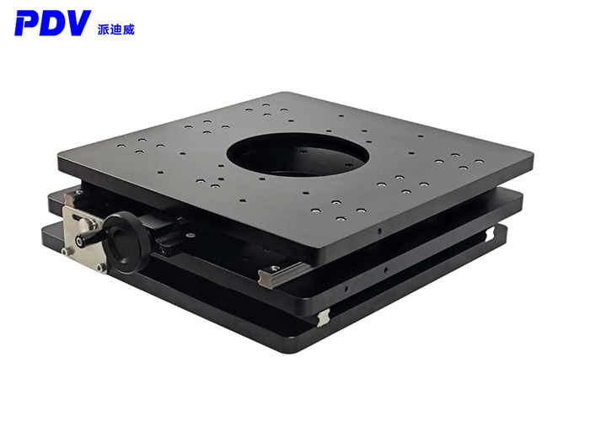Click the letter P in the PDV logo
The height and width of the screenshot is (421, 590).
click(x=28, y=24)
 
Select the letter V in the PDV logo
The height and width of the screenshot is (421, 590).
click(x=95, y=24)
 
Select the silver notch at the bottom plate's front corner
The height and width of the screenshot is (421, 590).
click(x=324, y=316)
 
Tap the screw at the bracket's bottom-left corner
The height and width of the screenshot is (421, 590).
click(x=100, y=268)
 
